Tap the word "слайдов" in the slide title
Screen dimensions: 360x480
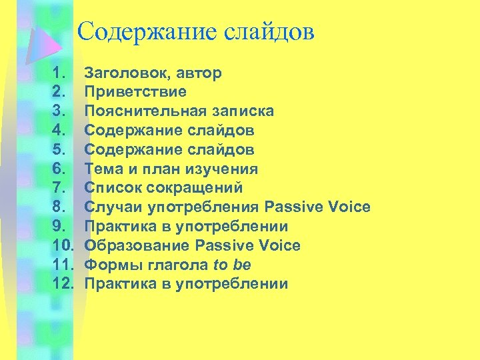pyautogui.click(x=270, y=31)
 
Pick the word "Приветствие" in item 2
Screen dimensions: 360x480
pyautogui.click(x=135, y=91)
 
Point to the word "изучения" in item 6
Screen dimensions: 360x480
pyautogui.click(x=225, y=169)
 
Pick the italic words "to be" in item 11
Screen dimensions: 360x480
pyautogui.click(x=231, y=265)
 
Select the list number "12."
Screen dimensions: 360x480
pyautogui.click(x=62, y=284)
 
